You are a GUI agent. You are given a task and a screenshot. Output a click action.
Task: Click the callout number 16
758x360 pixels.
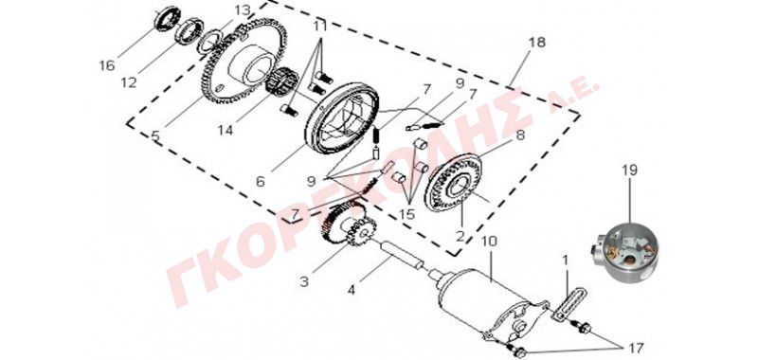click(x=107, y=65)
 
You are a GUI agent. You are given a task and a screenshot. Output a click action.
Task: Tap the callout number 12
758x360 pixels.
click(x=129, y=82)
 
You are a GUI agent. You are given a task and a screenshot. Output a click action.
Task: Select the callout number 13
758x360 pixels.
click(x=244, y=10)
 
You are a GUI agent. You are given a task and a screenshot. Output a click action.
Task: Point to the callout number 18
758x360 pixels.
click(x=536, y=42)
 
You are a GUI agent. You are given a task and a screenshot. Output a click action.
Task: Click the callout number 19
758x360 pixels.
click(x=629, y=171)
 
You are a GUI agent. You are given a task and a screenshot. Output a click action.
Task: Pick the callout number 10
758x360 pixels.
click(x=489, y=241)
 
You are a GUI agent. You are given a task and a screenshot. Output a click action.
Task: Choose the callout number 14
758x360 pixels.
click(x=226, y=131)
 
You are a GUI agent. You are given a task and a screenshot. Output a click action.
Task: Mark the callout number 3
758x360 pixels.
click(x=304, y=281)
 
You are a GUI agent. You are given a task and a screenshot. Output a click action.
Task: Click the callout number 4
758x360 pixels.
click(x=352, y=291)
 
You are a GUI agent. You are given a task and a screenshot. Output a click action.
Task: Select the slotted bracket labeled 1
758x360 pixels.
click(x=569, y=303)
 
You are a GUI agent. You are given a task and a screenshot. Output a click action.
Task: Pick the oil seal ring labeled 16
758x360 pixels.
click(x=168, y=18)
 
